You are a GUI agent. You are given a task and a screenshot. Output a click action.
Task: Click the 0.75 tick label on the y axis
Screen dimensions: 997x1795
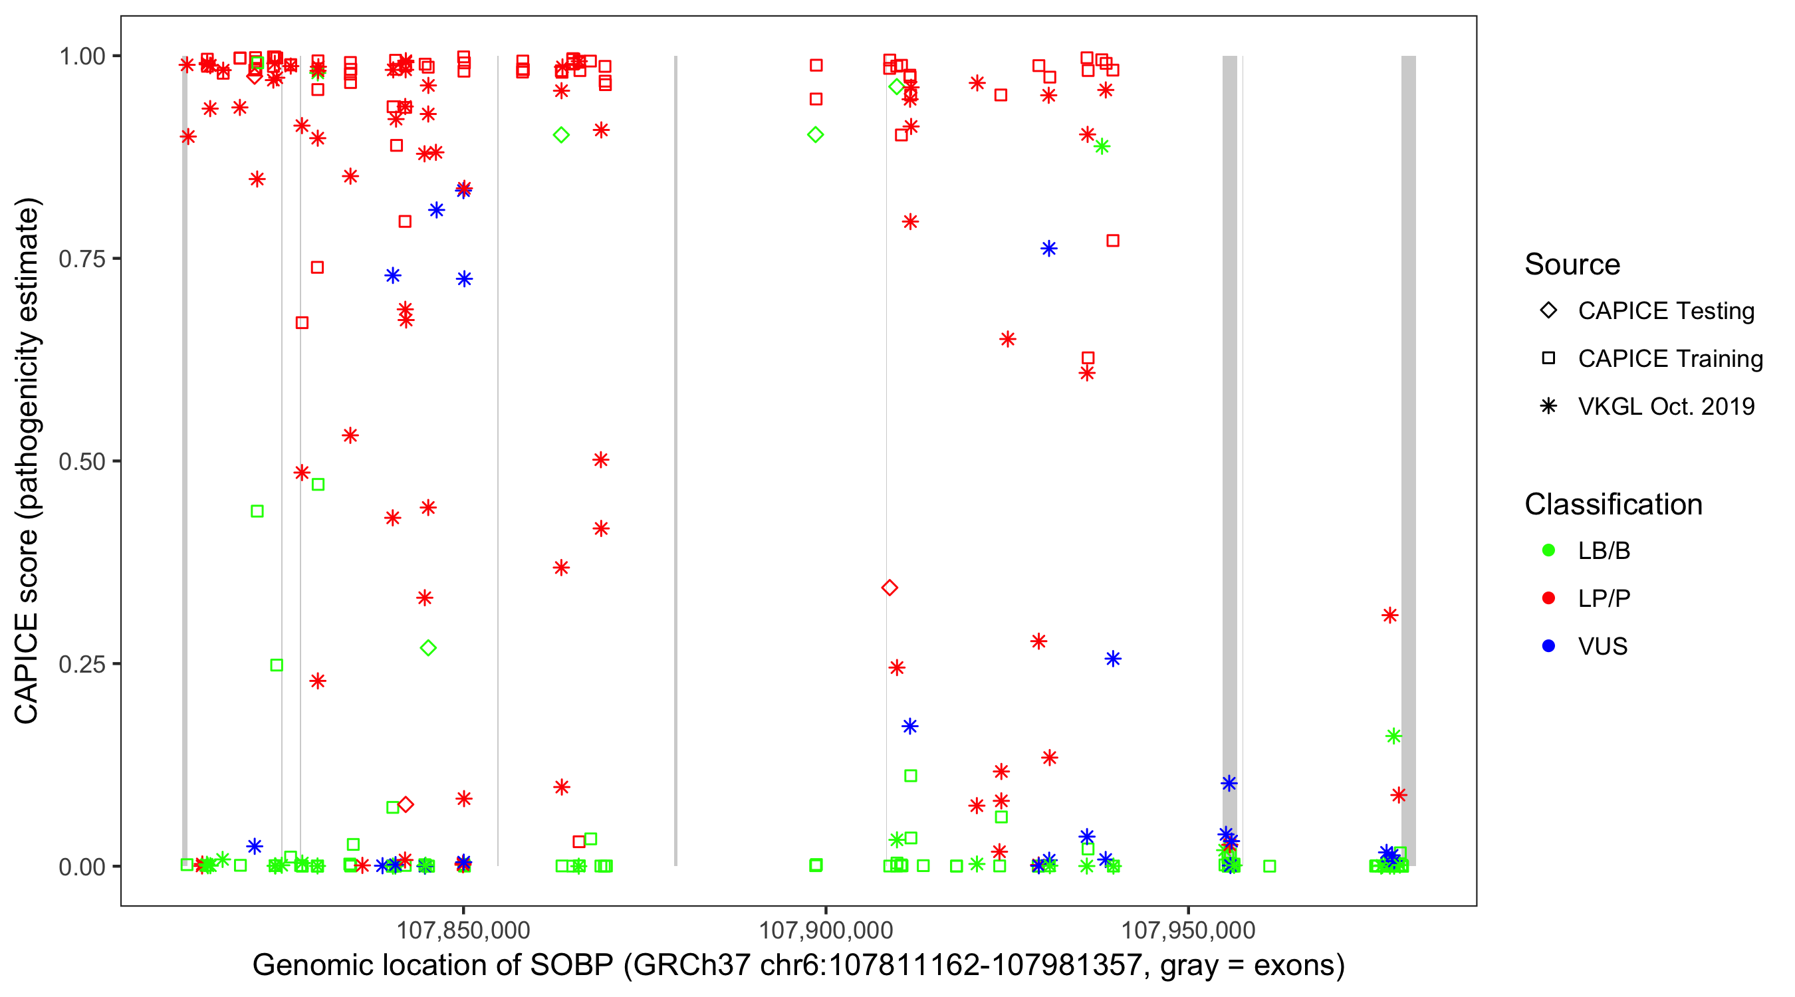[82, 259]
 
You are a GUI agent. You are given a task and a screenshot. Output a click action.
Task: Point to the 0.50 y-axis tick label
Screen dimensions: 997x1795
[82, 461]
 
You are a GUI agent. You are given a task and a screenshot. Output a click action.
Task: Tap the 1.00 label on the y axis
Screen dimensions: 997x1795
[82, 56]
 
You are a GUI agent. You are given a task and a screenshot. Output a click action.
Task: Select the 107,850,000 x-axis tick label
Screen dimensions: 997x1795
[463, 930]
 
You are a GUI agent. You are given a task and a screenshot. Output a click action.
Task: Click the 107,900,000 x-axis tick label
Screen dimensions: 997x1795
[826, 930]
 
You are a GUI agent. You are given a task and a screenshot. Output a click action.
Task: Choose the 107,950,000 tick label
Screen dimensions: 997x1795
[1188, 930]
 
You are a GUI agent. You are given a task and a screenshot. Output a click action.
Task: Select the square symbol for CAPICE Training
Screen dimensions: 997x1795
[1548, 359]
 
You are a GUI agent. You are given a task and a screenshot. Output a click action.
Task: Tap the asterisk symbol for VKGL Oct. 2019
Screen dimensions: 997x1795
[1548, 406]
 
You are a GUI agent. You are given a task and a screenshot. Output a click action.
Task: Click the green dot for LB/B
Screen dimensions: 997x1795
[1548, 550]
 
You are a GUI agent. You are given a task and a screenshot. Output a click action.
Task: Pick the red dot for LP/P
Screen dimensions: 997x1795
[1548, 598]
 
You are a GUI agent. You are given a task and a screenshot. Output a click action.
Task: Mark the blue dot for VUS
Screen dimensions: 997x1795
[1548, 646]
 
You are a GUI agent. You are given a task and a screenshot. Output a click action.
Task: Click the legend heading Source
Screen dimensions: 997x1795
[1572, 265]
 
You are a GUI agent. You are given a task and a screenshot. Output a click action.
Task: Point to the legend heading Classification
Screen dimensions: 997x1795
[1613, 504]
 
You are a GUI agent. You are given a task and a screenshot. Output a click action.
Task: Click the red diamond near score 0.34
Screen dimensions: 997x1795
[889, 588]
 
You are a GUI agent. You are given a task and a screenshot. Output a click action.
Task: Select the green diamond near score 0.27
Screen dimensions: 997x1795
[429, 649]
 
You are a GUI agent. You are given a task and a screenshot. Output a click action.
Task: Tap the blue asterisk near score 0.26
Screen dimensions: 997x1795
[1113, 659]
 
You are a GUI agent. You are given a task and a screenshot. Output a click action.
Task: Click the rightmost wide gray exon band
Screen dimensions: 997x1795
[1408, 460]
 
